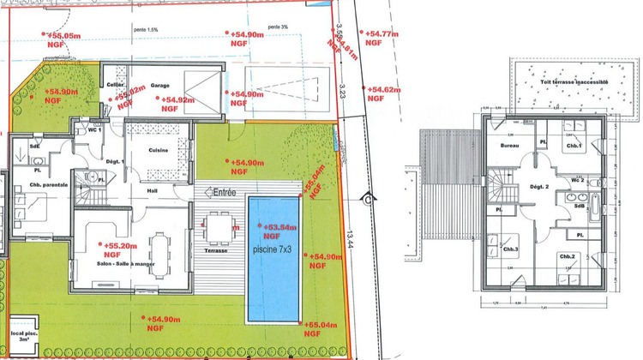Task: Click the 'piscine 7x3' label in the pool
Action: pyautogui.click(x=273, y=250)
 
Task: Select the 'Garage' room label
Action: pyautogui.click(x=159, y=86)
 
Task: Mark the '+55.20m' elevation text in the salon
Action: pyautogui.click(x=122, y=244)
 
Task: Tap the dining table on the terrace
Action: pyautogui.click(x=220, y=228)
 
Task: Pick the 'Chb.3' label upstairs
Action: pyautogui.click(x=510, y=249)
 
